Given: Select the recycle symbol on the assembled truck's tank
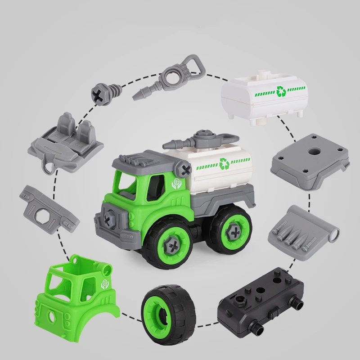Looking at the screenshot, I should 223,163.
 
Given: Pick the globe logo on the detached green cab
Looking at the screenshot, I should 103,284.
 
